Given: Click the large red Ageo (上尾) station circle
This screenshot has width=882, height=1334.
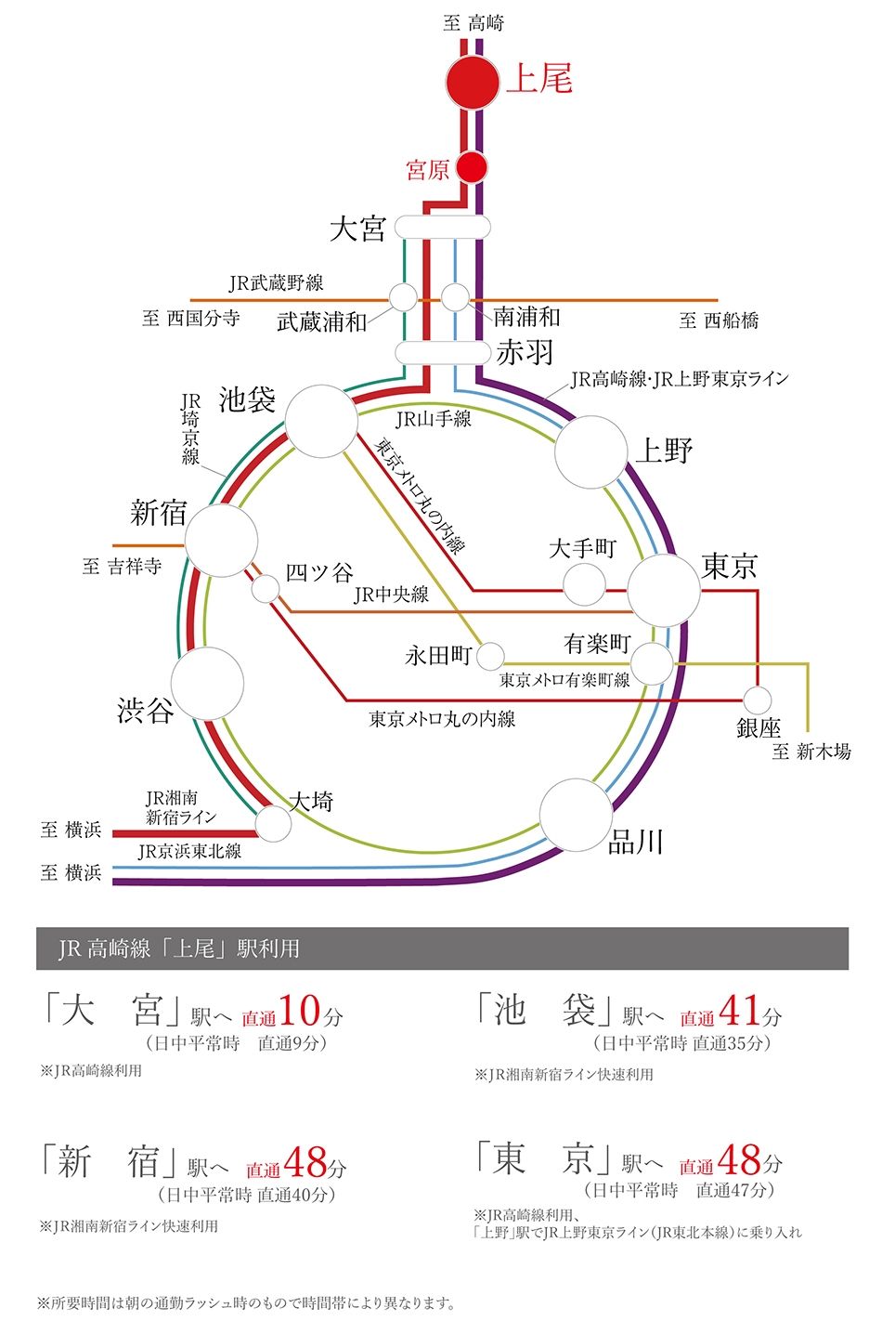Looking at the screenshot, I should [473, 83].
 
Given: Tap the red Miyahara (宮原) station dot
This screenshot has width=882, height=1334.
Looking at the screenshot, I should [472, 168].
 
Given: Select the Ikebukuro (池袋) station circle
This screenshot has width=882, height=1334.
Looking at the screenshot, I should [321, 421].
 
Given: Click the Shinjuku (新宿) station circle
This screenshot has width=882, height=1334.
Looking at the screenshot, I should [221, 540].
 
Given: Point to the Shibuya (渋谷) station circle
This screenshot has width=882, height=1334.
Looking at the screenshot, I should [207, 684].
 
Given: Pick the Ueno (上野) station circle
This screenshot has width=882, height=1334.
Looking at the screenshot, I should [590, 452].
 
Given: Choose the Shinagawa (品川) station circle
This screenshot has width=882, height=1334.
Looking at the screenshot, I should [576, 815].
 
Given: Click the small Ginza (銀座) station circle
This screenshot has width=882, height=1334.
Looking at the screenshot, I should [758, 700].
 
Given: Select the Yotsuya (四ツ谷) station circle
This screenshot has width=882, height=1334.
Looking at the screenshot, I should [266, 588].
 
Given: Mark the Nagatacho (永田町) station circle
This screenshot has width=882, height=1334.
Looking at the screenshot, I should [490, 656].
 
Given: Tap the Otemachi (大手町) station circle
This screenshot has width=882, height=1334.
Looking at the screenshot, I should [584, 584].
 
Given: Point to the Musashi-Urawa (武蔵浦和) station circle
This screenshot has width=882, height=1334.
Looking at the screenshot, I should [403, 297].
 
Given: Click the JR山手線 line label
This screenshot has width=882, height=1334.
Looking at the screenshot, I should [434, 419].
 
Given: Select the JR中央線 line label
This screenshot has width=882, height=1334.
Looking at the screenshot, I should [391, 595].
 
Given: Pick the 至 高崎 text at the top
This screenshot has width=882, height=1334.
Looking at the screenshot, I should [473, 23].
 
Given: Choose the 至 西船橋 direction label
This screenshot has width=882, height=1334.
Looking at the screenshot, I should [720, 320].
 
